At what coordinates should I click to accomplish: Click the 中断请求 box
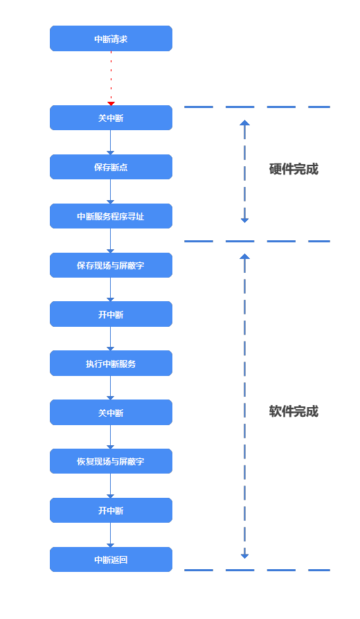tap(111, 39)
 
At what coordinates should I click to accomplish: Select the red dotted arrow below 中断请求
tap(111, 78)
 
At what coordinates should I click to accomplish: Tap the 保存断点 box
tap(111, 167)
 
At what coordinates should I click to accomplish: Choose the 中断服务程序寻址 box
tap(111, 216)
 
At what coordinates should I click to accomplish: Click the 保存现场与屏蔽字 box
tap(111, 265)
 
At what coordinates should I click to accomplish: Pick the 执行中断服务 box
tap(111, 364)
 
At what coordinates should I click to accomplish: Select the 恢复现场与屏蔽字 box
tap(111, 461)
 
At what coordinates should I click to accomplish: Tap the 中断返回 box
tap(111, 559)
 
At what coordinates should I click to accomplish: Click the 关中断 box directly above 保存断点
tap(111, 118)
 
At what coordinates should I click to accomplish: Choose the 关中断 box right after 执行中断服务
tap(111, 413)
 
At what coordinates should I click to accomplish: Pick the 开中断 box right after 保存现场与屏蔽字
tap(111, 314)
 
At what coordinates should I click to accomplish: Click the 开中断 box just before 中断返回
tap(111, 510)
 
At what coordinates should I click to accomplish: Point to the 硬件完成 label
tap(294, 169)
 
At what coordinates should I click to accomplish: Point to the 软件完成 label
tap(294, 411)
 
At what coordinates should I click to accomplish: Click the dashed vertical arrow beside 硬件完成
tap(244, 172)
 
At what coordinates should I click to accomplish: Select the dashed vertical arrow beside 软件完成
tap(244, 406)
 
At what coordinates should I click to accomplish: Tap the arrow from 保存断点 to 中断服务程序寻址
tap(111, 192)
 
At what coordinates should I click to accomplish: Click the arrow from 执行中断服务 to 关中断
tap(111, 388)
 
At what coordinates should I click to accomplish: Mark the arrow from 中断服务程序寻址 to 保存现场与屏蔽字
tap(111, 241)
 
